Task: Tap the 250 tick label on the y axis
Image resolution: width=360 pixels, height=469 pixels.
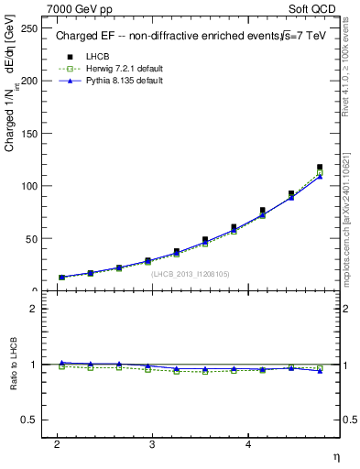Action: click(28, 28)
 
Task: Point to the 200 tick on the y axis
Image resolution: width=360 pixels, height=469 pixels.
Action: click(28, 81)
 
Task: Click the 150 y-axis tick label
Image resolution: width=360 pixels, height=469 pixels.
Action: click(28, 134)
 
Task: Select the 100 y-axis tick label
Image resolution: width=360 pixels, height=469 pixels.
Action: click(28, 186)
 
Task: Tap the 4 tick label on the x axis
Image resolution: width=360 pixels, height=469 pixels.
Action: click(248, 444)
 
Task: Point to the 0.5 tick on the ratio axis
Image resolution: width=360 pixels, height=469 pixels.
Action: click(28, 420)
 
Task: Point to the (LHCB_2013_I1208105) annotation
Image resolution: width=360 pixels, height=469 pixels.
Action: click(191, 273)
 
